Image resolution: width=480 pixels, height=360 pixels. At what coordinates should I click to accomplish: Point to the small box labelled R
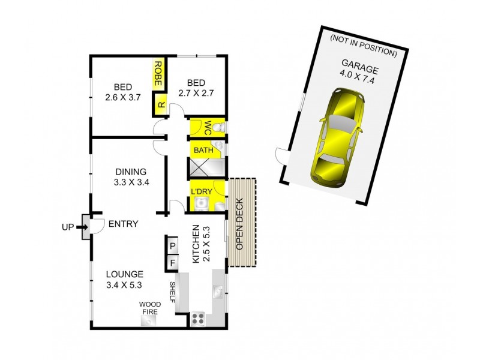[x=161, y=104]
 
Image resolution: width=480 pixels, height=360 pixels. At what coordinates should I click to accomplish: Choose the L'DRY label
[x=201, y=191]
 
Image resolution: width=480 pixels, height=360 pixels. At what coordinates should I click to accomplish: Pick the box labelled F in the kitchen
[x=172, y=262]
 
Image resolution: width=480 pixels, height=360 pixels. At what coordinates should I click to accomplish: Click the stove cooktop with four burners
[x=198, y=319]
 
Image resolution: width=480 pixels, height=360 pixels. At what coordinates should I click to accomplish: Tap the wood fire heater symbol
[x=148, y=320]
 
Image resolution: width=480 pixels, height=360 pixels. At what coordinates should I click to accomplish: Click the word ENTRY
[x=123, y=224]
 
